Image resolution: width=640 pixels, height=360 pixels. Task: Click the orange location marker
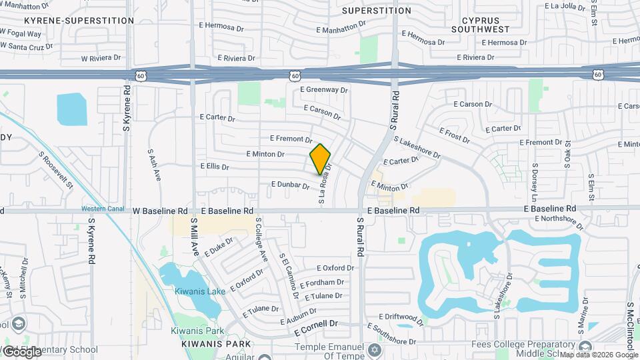(320, 159)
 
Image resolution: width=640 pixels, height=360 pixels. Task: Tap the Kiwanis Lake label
(197, 291)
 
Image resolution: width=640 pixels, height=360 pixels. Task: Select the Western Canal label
(104, 209)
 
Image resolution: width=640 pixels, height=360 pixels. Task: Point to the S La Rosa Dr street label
(325, 185)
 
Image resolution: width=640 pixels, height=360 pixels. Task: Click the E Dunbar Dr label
(290, 184)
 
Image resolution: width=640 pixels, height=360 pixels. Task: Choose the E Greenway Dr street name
(324, 89)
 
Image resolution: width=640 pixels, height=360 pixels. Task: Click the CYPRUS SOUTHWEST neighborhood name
(480, 24)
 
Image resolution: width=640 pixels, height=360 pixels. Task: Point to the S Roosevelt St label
(55, 170)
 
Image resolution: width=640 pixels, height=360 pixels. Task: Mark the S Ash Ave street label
(154, 164)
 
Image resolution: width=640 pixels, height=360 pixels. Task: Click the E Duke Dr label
(219, 246)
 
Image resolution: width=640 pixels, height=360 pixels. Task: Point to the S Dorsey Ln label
(534, 180)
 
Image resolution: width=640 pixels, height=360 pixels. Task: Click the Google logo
(21, 351)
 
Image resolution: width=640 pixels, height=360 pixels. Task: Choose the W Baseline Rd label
(156, 211)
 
